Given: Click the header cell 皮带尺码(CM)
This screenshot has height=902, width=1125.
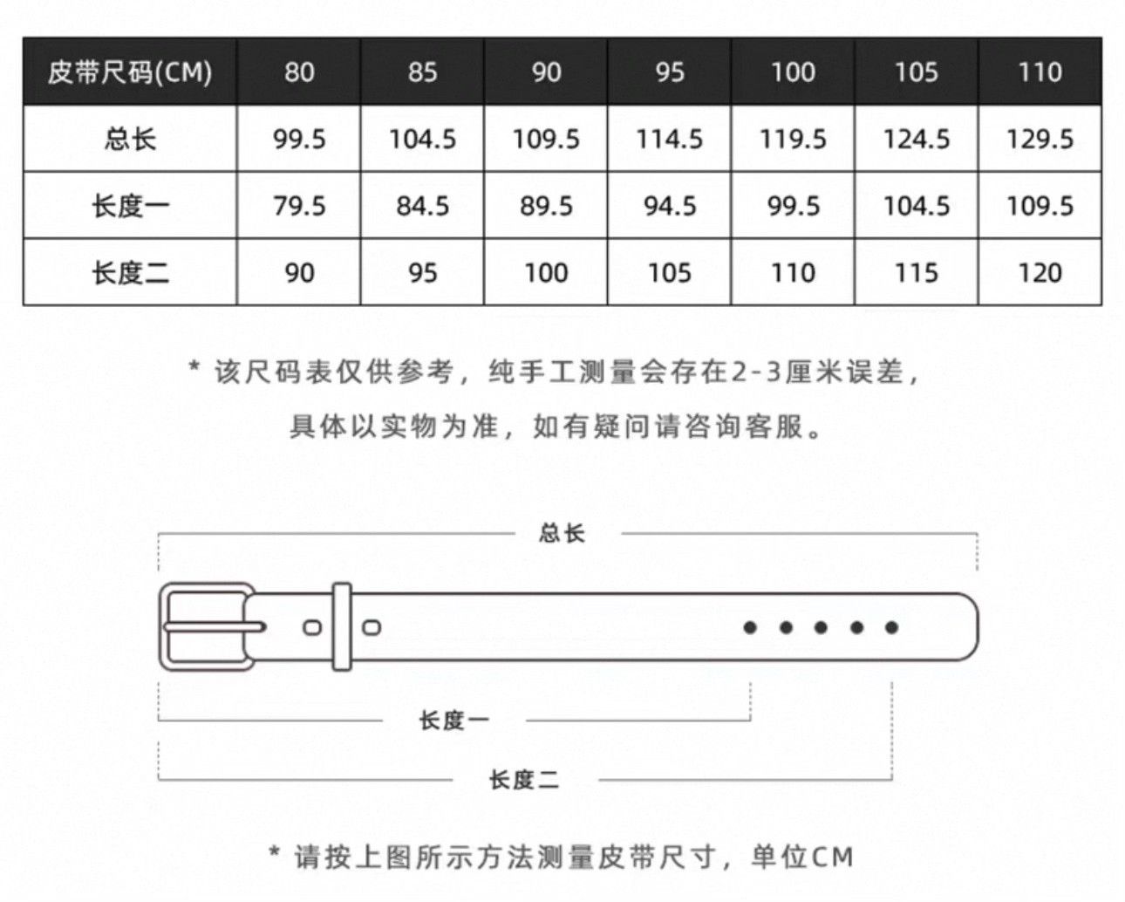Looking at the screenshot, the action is tap(130, 72).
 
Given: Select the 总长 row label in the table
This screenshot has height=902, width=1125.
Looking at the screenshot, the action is tap(130, 139).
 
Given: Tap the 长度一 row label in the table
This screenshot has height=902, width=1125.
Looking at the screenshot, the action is tap(130, 206).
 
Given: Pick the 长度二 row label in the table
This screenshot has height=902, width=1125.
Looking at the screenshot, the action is tap(130, 272).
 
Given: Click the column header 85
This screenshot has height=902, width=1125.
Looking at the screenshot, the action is tap(422, 72).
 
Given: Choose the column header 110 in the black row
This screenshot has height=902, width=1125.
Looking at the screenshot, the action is tap(1040, 72).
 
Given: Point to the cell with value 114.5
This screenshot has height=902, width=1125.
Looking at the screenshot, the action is tap(669, 139).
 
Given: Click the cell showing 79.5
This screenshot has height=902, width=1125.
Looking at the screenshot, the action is tap(299, 206).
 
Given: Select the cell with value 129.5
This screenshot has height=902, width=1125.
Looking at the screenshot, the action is tap(1040, 139).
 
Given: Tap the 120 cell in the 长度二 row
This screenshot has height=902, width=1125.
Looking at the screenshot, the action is tap(1040, 272).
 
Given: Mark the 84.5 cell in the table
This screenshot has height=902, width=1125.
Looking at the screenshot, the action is tap(422, 206).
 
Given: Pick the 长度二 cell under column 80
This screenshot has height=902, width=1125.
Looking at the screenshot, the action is tap(299, 272).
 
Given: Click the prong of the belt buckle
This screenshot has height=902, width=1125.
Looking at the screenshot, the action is tap(215, 626).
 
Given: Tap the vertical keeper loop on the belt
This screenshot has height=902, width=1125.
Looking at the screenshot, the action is tap(342, 626).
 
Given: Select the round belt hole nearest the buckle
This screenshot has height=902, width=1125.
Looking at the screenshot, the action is tap(750, 627).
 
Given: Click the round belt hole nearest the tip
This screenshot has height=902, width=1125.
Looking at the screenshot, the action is tap(892, 627).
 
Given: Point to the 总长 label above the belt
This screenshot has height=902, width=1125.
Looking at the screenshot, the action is tap(562, 533).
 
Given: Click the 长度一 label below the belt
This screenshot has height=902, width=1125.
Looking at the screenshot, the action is tap(453, 721).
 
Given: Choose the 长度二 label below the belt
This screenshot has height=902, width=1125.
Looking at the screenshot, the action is tap(524, 780).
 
